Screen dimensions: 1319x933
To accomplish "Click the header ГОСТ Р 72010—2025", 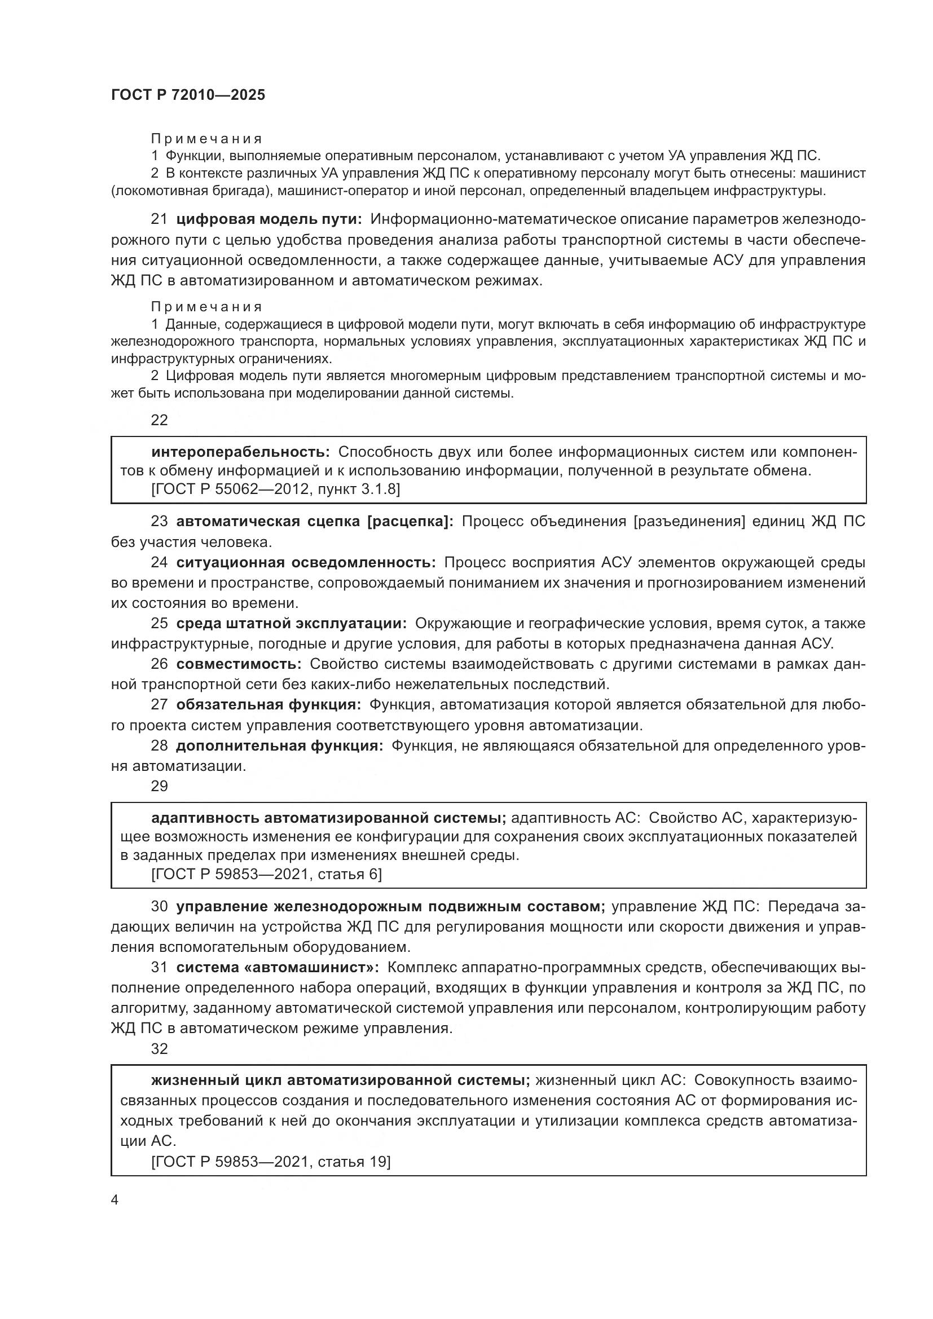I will [188, 95].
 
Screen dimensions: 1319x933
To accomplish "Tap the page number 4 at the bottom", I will [115, 1200].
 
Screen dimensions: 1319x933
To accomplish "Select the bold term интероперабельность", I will [240, 452].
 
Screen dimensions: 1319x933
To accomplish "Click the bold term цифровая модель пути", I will [269, 219].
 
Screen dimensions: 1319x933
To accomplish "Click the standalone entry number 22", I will [159, 420].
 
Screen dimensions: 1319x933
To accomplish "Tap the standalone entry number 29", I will [159, 786].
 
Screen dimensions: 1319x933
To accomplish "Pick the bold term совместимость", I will [239, 664].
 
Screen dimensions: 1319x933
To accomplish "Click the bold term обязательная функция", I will [269, 704].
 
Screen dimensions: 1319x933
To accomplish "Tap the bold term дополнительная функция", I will [279, 745].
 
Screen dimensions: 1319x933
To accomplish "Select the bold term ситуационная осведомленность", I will [306, 562].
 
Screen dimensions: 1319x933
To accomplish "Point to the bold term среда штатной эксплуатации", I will [291, 623].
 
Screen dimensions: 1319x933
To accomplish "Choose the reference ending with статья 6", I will [266, 875].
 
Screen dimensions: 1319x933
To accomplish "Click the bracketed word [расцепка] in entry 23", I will [410, 522].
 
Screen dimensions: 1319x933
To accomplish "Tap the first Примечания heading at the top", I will [206, 139].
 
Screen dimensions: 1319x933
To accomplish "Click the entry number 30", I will [159, 907].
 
